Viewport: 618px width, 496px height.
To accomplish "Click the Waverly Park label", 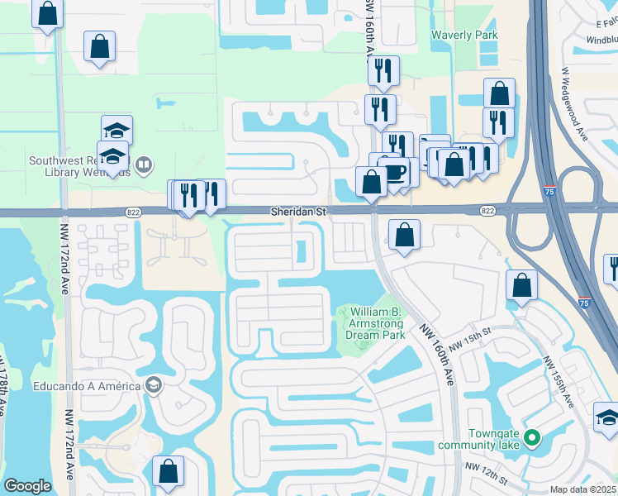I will pos(463,36).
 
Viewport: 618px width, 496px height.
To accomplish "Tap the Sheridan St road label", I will pos(299,212).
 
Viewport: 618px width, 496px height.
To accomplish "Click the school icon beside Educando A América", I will pos(153,384).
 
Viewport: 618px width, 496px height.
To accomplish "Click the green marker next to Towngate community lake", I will pos(533,436).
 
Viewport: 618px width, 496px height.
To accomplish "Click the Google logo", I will pos(27,486).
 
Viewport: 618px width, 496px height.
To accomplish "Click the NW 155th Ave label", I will pos(558,381).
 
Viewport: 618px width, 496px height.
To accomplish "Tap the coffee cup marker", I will pos(395,171).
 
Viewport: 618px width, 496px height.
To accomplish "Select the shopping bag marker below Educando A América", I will pos(169,472).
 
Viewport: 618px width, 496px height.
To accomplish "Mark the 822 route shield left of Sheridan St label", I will pos(133,212).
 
